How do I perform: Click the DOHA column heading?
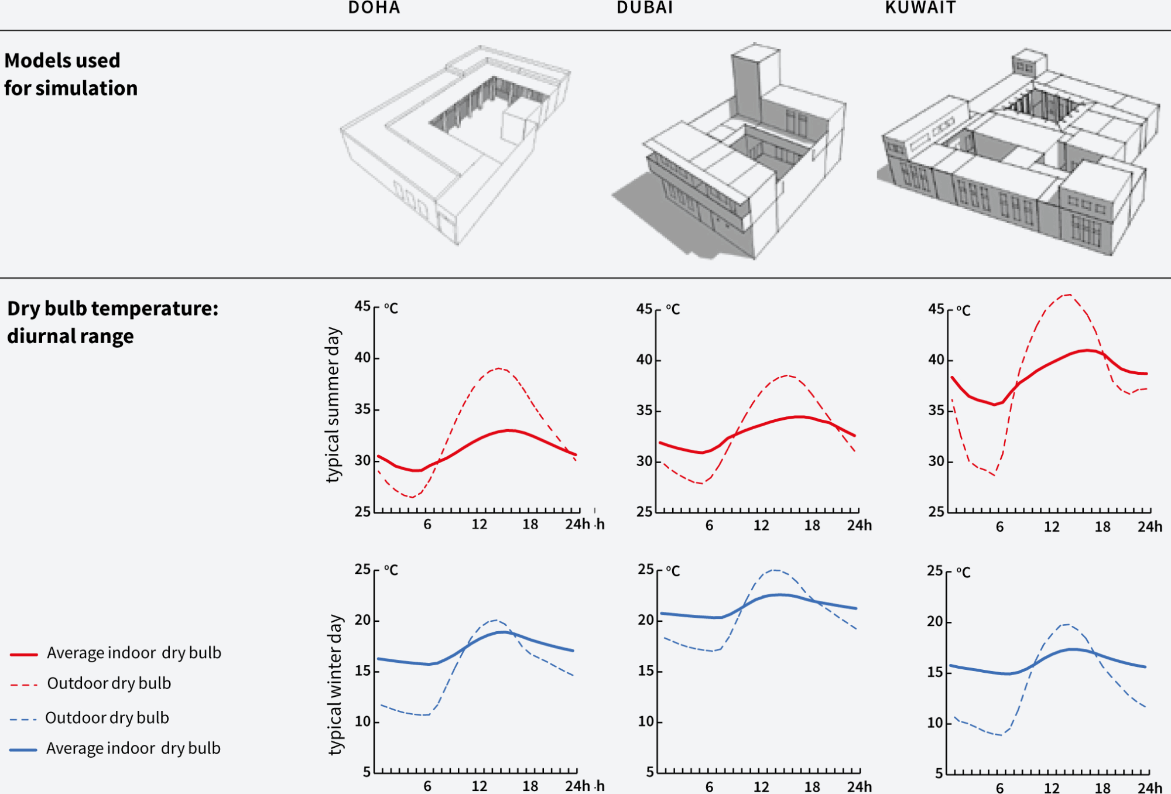click(x=374, y=8)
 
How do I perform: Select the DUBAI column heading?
click(x=645, y=8)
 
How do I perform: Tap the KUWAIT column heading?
click(x=920, y=8)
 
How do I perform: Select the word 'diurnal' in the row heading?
click(x=35, y=336)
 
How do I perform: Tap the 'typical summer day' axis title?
click(x=333, y=405)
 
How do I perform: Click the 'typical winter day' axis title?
click(x=334, y=685)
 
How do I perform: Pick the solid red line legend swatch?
click(x=24, y=654)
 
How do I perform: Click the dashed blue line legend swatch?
click(x=24, y=719)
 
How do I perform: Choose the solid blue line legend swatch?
click(x=24, y=749)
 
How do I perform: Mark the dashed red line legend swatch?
click(x=24, y=685)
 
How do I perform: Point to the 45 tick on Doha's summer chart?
click(x=362, y=306)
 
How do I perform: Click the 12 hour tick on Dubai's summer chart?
click(x=761, y=525)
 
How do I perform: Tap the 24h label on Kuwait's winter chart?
click(x=1150, y=788)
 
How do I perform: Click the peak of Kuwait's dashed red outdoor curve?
click(x=1069, y=295)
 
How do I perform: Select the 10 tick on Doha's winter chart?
click(x=362, y=721)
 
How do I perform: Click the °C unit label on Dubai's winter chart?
click(x=673, y=571)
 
